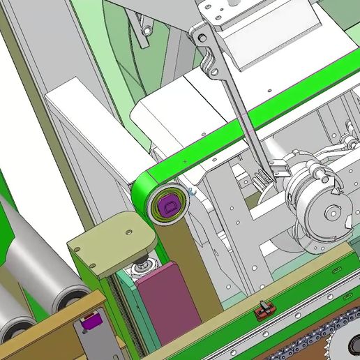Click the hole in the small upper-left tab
click(x=147, y=31)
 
